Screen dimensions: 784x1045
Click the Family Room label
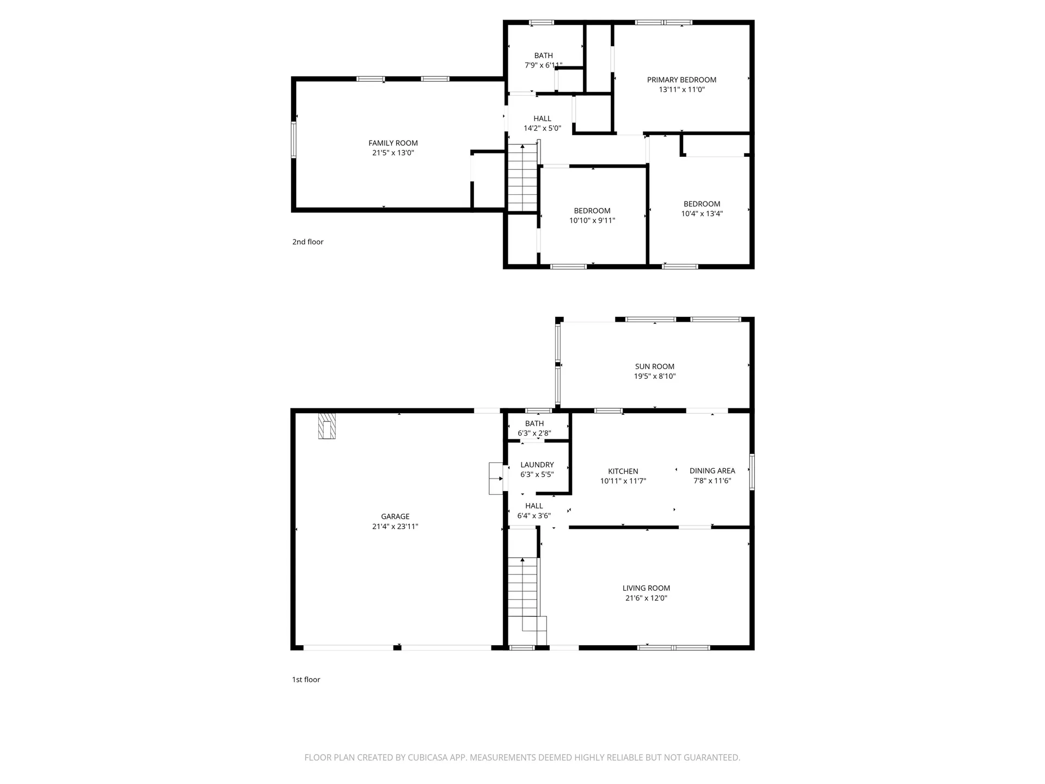tap(393, 143)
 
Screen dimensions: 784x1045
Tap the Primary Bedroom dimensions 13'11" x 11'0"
tap(681, 90)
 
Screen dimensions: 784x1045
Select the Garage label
tap(395, 516)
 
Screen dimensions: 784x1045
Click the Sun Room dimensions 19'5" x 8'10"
tap(655, 376)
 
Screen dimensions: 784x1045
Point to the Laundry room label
tap(537, 464)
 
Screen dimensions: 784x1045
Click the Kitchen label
tap(623, 471)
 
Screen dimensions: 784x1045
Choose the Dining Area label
tap(712, 470)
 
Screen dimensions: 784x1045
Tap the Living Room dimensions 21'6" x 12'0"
tap(646, 598)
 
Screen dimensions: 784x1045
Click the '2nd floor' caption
tap(308, 242)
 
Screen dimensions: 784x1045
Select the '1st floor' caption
tap(306, 679)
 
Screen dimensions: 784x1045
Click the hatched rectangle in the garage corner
tap(327, 426)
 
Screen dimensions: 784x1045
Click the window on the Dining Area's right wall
tap(752, 472)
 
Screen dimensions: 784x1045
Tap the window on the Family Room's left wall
tap(293, 140)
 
